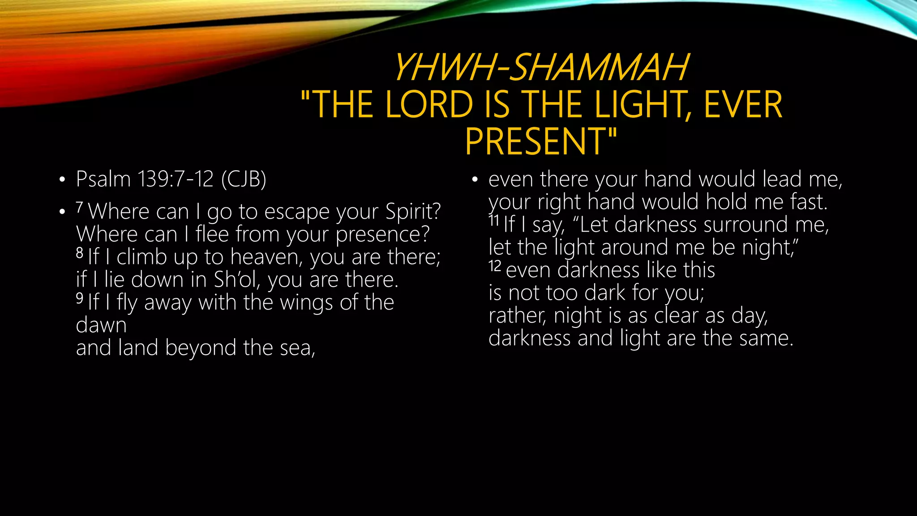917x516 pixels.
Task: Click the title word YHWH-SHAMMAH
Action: (x=540, y=67)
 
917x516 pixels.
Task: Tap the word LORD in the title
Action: (x=429, y=104)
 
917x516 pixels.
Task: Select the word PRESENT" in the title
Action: (x=540, y=142)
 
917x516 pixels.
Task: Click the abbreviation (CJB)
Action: (x=244, y=179)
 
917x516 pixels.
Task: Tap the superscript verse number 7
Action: (x=79, y=207)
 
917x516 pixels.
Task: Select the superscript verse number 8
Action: (x=80, y=253)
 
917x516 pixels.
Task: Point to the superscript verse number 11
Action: (x=494, y=220)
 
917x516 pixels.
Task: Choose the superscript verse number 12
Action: (x=495, y=266)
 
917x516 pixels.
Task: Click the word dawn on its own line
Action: (x=101, y=325)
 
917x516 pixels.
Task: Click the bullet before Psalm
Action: (x=62, y=180)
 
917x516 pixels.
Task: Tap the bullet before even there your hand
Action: (x=475, y=180)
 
